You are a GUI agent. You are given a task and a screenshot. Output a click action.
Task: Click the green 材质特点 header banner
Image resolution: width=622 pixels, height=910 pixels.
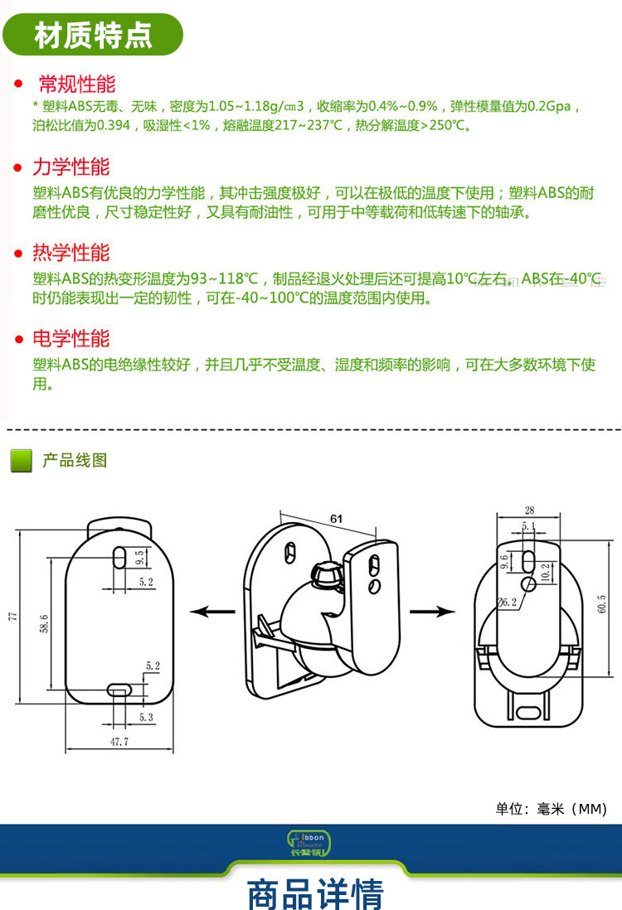pyautogui.click(x=93, y=36)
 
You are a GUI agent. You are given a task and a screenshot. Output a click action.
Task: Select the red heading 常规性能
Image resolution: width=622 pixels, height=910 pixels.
pyautogui.click(x=77, y=84)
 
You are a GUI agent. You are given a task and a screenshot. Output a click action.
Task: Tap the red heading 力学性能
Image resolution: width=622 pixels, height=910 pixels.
pyautogui.click(x=70, y=167)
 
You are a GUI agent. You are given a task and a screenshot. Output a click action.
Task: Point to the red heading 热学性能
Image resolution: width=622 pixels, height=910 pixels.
pyautogui.click(x=70, y=253)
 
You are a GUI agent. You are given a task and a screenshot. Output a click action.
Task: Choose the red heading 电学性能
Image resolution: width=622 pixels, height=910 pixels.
pyautogui.click(x=70, y=339)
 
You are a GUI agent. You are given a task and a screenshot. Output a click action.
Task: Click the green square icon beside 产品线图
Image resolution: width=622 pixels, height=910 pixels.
pyautogui.click(x=21, y=461)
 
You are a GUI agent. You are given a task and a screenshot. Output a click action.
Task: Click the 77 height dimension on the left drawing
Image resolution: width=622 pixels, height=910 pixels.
pyautogui.click(x=13, y=617)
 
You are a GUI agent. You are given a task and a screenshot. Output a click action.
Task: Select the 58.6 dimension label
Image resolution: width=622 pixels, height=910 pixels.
pyautogui.click(x=44, y=622)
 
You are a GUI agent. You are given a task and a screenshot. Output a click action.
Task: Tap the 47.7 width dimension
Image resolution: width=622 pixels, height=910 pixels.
pyautogui.click(x=119, y=742)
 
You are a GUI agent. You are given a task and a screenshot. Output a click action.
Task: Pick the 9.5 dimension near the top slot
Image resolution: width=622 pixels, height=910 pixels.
pyautogui.click(x=140, y=556)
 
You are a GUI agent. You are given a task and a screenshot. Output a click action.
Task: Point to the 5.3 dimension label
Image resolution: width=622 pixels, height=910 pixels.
pyautogui.click(x=146, y=717)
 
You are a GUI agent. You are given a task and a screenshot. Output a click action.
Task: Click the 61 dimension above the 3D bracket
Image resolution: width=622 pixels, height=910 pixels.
pyautogui.click(x=336, y=518)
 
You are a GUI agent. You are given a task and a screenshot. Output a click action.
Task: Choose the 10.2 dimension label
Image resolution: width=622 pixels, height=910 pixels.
pyautogui.click(x=544, y=571)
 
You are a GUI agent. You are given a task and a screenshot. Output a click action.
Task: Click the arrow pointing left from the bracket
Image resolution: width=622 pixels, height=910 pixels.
pyautogui.click(x=211, y=612)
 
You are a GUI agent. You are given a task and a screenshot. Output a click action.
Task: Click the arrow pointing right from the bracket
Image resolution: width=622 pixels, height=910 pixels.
pyautogui.click(x=433, y=612)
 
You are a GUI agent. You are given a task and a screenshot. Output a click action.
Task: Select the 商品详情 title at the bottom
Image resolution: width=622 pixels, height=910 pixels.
pyautogui.click(x=315, y=893)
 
